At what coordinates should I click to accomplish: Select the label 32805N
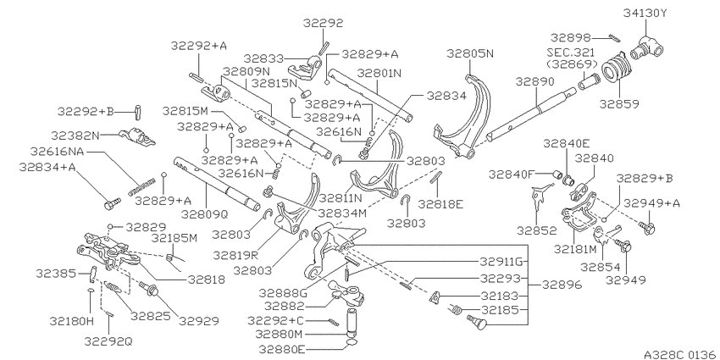[470, 53]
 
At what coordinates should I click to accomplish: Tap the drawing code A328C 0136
[680, 354]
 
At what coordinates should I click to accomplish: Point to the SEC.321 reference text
[571, 53]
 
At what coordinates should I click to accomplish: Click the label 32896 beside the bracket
[562, 285]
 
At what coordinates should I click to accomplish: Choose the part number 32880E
[282, 350]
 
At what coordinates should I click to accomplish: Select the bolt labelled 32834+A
[112, 203]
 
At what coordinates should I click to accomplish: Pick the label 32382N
[75, 136]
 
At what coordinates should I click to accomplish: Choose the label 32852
[537, 230]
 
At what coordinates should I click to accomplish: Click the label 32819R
[237, 254]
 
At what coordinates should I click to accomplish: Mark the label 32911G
[501, 263]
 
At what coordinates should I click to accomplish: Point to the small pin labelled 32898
[615, 37]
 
